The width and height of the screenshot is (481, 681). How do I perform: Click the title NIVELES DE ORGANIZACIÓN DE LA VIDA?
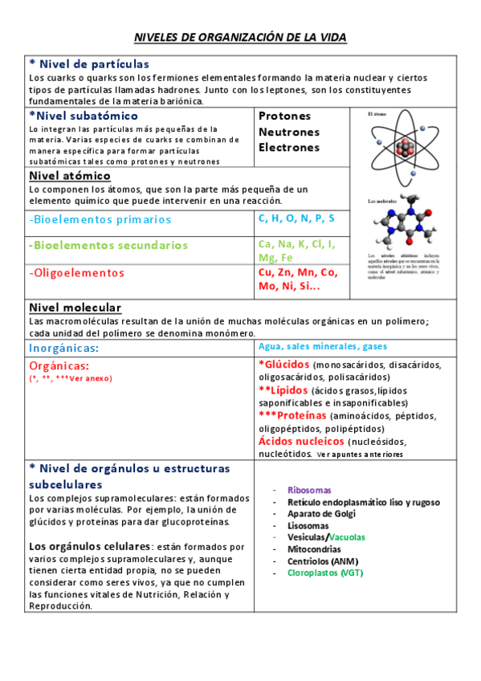click(240, 38)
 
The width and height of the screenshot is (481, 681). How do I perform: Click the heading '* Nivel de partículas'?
click(88, 64)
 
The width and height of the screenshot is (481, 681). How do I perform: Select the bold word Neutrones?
click(289, 132)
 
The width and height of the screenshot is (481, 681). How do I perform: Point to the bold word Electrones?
click(289, 148)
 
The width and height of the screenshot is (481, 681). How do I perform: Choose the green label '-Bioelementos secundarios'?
click(108, 246)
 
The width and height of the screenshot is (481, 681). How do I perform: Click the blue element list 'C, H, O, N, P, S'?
click(297, 218)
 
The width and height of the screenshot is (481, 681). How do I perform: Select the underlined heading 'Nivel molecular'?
click(75, 308)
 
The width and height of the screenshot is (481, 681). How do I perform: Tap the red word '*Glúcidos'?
click(284, 364)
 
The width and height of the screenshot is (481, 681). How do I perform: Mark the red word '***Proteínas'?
click(292, 415)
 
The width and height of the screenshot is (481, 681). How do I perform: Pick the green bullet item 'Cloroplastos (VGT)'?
click(326, 573)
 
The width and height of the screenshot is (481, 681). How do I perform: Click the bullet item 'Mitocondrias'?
click(314, 549)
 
